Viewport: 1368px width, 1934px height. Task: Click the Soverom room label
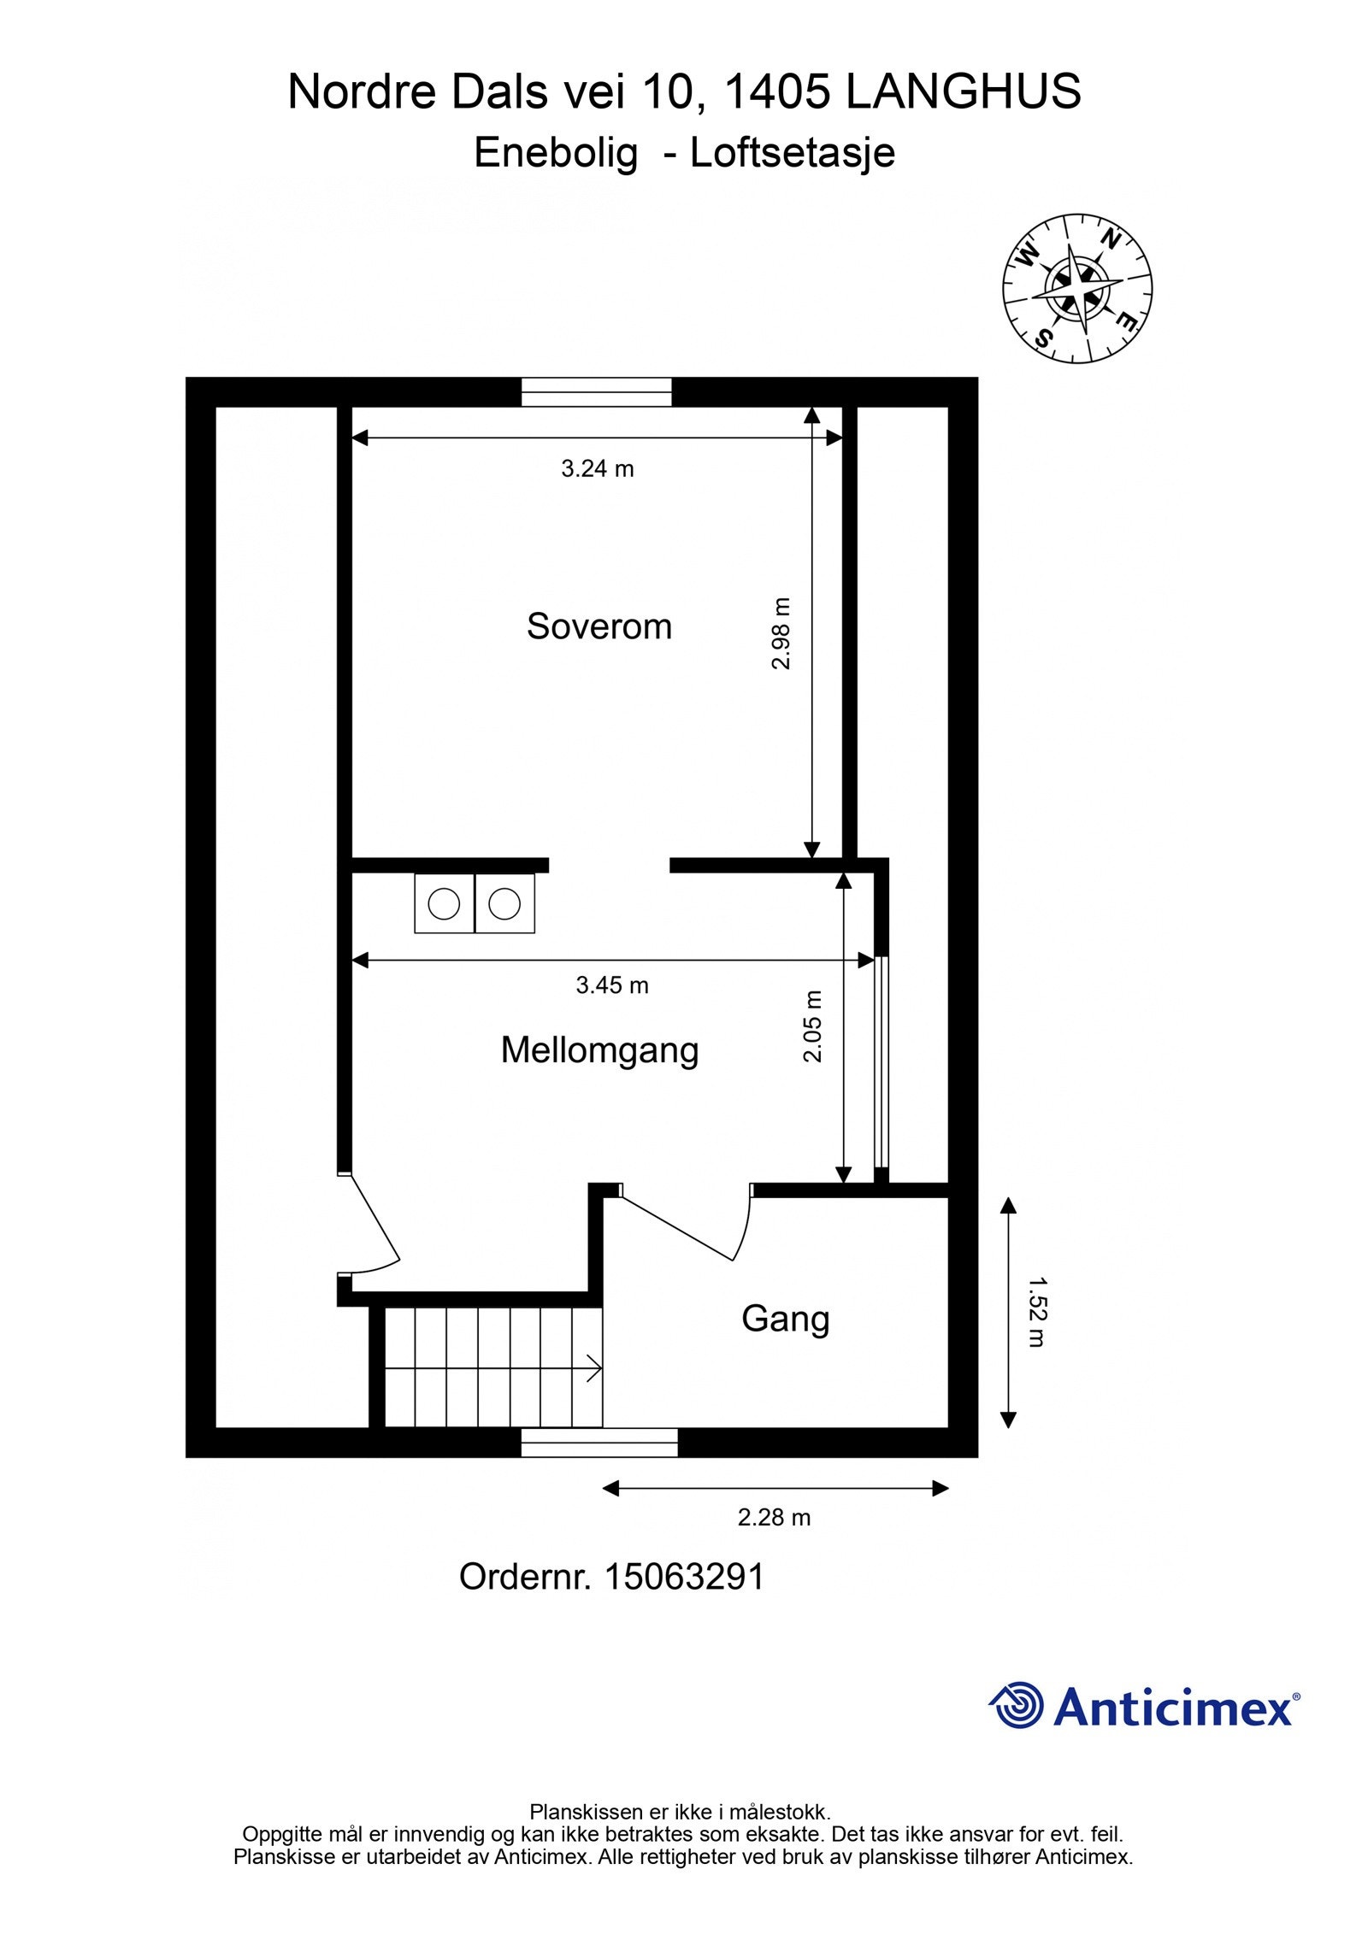[x=598, y=626]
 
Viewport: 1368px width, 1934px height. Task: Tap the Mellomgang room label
[x=599, y=1050]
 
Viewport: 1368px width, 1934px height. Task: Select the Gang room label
[x=785, y=1319]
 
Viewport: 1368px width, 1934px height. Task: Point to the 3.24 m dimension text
[x=597, y=468]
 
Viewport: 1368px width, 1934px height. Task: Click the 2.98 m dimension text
[x=781, y=633]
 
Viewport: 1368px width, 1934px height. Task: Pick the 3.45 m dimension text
[x=611, y=985]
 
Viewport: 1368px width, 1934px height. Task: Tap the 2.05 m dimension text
[x=812, y=1026]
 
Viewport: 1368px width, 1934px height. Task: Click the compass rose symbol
[x=1076, y=288]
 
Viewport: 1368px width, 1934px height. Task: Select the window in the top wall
[x=596, y=392]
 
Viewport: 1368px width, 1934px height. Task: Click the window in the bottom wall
[x=598, y=1443]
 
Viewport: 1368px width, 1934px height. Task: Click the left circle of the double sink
[x=444, y=903]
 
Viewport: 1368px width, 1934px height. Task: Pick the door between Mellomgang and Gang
[x=684, y=1228]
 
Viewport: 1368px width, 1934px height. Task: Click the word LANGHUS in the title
[x=963, y=92]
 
